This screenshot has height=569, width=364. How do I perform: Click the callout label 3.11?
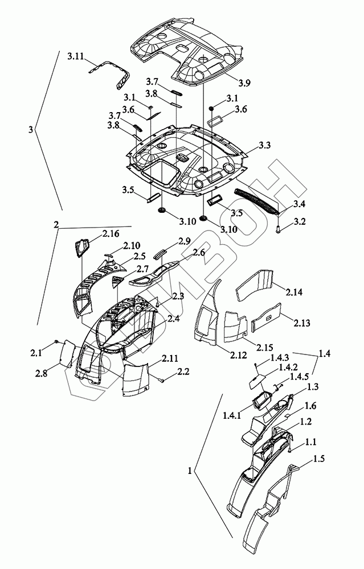pos(76,56)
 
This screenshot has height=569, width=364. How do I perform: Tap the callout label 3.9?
pos(245,83)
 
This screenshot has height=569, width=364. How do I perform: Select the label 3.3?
pos(265,146)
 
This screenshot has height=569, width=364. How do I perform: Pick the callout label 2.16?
pos(111,233)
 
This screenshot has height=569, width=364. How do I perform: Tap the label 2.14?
pos(294,292)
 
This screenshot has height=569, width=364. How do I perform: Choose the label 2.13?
pos(302,323)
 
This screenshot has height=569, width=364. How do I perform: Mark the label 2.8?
pos(42,373)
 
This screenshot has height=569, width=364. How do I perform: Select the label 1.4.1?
pos(232,416)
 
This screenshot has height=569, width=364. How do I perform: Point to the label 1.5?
pos(318,459)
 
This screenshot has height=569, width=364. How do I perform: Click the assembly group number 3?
pos(31,130)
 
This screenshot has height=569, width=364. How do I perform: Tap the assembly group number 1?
pos(190,471)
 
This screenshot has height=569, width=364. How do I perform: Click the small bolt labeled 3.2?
pos(278,229)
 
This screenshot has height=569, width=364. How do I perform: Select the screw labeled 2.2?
pos(161,380)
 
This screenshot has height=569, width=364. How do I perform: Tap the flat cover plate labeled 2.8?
pos(68,353)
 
